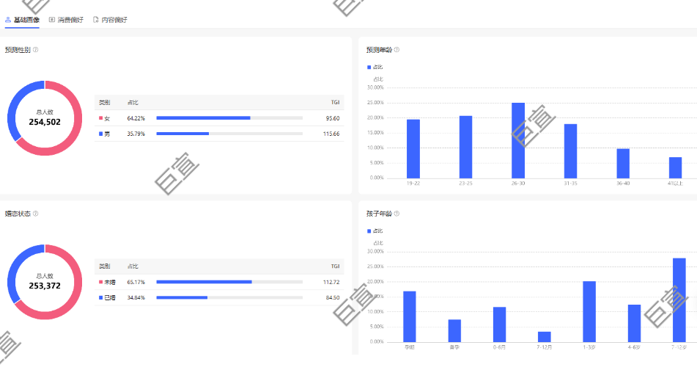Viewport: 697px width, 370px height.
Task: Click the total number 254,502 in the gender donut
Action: [x=45, y=122]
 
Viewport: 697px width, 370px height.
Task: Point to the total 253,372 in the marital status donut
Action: [x=45, y=286]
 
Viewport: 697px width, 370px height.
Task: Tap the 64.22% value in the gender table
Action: [x=136, y=118]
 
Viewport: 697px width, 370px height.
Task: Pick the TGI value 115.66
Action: [x=331, y=134]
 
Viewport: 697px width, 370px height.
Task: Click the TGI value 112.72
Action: [x=331, y=282]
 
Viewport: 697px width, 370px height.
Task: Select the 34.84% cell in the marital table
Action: [x=136, y=297]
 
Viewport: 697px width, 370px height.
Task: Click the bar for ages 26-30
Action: [x=518, y=140]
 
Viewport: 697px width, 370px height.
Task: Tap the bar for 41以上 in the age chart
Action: [x=675, y=167]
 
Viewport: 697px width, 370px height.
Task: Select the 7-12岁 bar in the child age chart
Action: [x=679, y=300]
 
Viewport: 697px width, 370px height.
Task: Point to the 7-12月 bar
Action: [x=544, y=336]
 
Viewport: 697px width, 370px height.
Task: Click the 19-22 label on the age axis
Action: [x=413, y=183]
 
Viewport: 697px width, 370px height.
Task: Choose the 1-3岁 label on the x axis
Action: [x=589, y=347]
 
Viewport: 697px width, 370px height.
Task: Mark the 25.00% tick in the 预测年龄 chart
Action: [x=375, y=103]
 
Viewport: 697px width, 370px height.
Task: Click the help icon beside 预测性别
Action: [x=35, y=50]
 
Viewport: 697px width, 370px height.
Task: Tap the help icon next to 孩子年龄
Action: [x=397, y=214]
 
